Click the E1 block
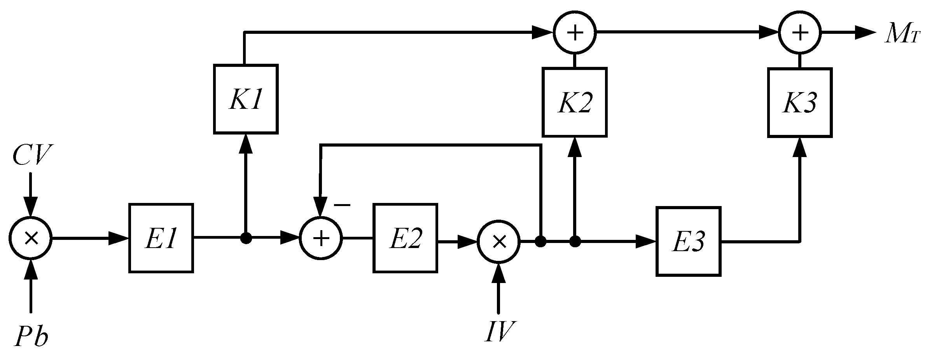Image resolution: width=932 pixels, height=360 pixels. click(x=161, y=238)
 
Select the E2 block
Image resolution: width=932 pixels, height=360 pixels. click(x=405, y=238)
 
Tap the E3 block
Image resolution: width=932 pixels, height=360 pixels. click(x=688, y=241)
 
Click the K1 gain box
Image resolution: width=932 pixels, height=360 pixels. click(x=246, y=100)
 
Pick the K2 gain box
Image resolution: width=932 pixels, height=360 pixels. click(x=574, y=103)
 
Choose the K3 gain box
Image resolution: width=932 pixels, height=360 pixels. click(x=800, y=103)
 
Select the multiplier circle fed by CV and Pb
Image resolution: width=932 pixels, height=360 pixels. click(x=31, y=238)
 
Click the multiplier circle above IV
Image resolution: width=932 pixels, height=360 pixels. click(x=499, y=242)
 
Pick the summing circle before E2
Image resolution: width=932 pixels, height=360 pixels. click(x=321, y=238)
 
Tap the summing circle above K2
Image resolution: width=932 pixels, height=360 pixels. click(x=575, y=33)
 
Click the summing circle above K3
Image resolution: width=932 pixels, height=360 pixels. click(x=800, y=33)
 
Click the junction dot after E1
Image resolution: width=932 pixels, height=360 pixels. click(x=246, y=238)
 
